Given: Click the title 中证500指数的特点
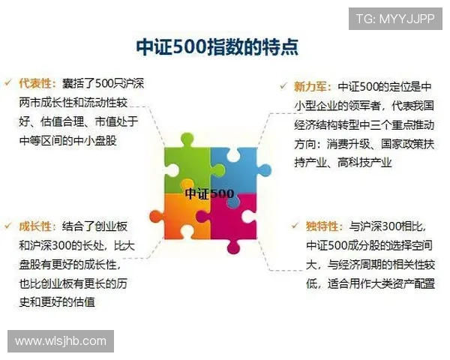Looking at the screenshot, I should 217,47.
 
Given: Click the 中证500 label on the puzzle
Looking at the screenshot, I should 209,193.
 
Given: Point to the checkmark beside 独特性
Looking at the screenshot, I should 295,224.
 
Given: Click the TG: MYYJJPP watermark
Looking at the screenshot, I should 394,18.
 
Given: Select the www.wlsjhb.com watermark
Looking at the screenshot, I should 60,341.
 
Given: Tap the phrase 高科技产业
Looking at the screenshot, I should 363,161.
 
